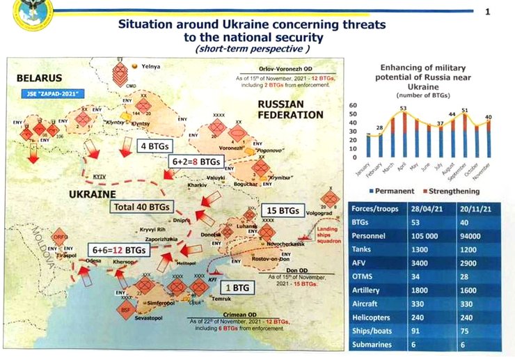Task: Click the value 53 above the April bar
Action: click(402, 109)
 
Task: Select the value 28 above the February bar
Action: click(380, 127)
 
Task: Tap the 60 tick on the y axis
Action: click(351, 105)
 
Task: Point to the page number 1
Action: click(487, 11)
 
